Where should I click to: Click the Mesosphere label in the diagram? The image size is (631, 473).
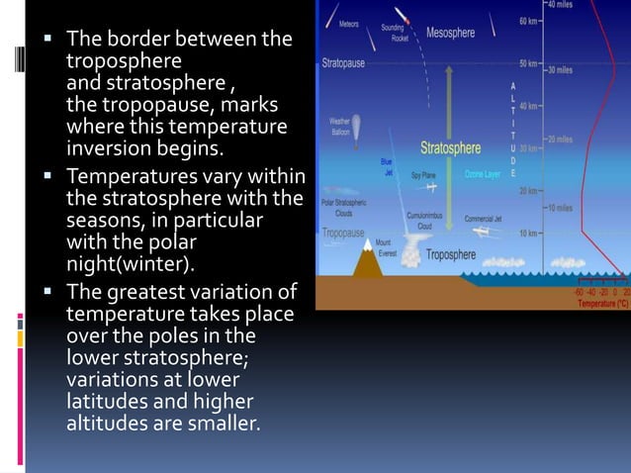point(450,33)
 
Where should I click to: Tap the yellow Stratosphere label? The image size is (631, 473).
point(450,148)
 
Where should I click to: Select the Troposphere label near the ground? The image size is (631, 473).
point(452,253)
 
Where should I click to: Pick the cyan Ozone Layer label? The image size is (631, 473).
point(483,174)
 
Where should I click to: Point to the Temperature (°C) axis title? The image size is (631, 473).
point(602,304)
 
